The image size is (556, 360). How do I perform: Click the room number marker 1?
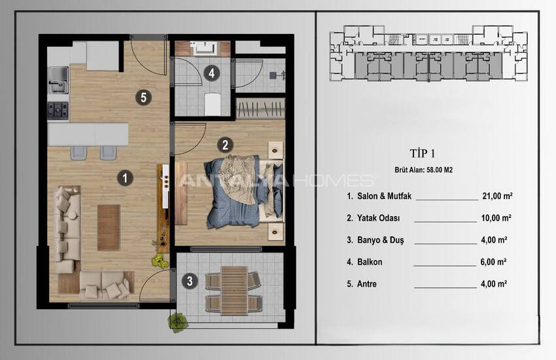tap(124, 177)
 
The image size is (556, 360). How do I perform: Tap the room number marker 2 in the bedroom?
tap(224, 145)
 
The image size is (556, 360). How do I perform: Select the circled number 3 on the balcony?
tap(190, 281)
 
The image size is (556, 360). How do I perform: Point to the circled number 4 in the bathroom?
tap(211, 73)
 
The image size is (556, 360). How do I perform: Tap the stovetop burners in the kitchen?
tap(58, 110)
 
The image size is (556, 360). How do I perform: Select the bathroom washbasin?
tap(203, 48)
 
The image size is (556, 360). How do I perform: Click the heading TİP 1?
tap(422, 154)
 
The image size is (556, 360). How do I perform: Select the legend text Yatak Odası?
tap(379, 218)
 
